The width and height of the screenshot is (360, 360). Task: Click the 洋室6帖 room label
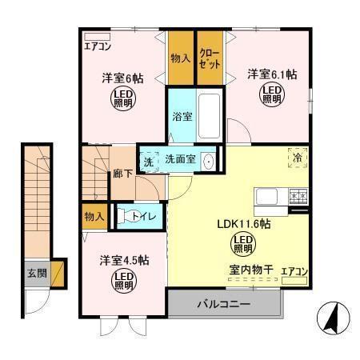point(122,78)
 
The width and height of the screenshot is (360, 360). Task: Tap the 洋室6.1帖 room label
point(271,74)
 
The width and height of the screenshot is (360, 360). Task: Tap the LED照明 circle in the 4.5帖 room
point(124,280)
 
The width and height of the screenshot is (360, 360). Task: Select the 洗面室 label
point(180,159)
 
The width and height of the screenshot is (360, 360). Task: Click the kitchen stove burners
point(298,194)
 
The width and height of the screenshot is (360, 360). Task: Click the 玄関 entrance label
point(35,273)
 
